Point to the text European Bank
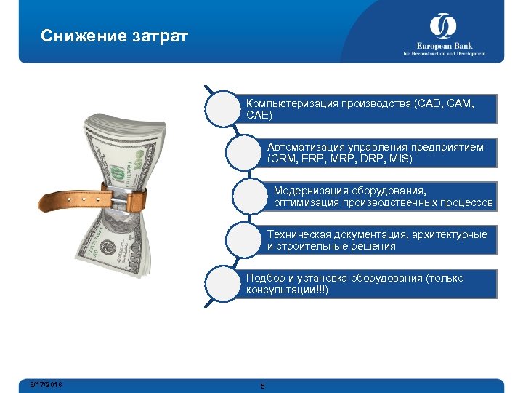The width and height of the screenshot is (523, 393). pos(443,46)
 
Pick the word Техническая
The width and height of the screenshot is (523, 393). pos(298,234)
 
